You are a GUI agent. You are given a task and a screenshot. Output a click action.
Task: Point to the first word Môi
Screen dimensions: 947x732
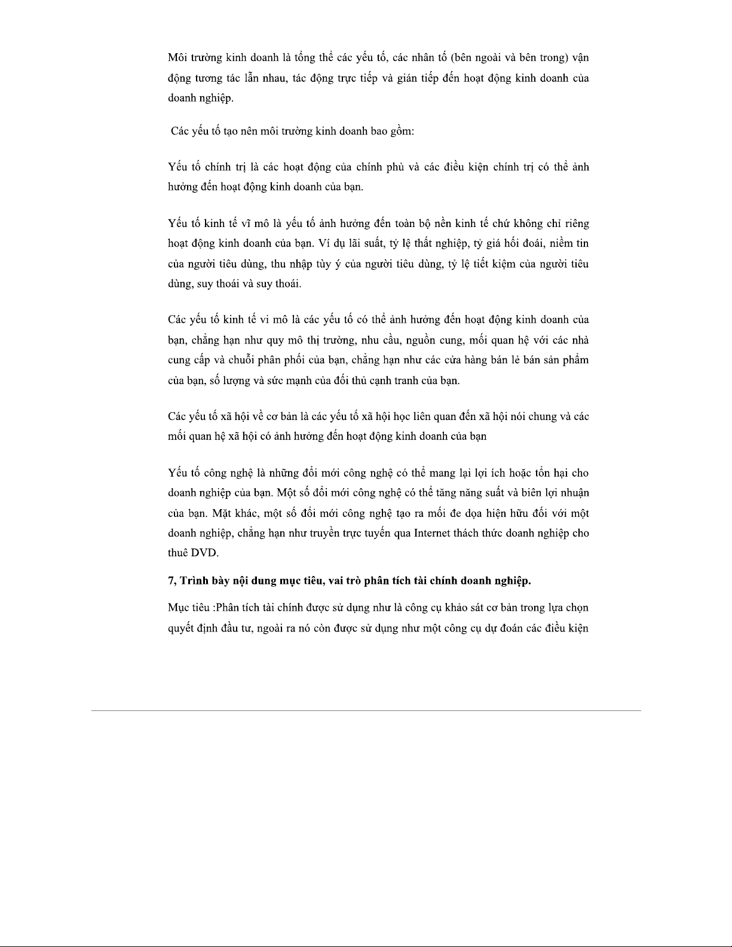[x=178, y=58]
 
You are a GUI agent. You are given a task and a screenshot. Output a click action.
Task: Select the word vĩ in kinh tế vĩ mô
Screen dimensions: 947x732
[x=246, y=224]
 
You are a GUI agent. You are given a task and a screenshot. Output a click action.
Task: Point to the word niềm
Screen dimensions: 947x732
[x=559, y=244]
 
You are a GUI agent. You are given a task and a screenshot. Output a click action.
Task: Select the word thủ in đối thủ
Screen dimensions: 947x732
[x=365, y=381]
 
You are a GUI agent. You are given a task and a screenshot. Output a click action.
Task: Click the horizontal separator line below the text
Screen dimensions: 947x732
[x=366, y=710]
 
